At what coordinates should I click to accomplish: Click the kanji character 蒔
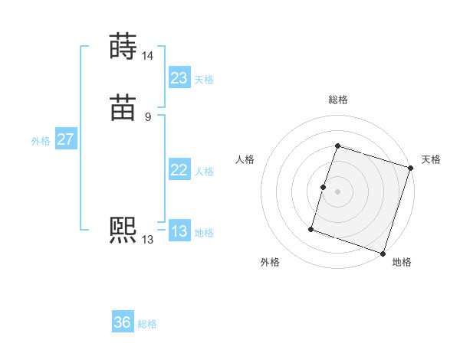coord(123,47)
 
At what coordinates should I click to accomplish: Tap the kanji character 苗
coord(123,108)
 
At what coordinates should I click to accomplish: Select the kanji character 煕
coord(123,231)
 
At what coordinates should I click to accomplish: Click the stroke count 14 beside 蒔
coord(147,56)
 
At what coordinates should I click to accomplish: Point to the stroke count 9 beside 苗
coord(147,117)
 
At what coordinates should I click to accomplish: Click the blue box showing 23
coord(179,78)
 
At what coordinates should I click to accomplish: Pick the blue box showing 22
coord(179,170)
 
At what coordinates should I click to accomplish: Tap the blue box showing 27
coord(65,139)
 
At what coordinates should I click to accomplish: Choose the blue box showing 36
coord(123,322)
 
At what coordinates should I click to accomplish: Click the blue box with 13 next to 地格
coord(179,231)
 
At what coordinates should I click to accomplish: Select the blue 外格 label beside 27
coord(41,141)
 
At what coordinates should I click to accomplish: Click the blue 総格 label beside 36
coord(147,324)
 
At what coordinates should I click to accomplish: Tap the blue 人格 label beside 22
coord(204,172)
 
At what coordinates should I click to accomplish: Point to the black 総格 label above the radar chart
coord(337,100)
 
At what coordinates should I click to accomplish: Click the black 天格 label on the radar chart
coord(431,159)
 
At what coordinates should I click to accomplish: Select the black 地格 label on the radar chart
coord(402,262)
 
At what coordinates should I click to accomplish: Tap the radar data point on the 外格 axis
coord(311,228)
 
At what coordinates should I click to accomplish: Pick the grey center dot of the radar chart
coord(337,191)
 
